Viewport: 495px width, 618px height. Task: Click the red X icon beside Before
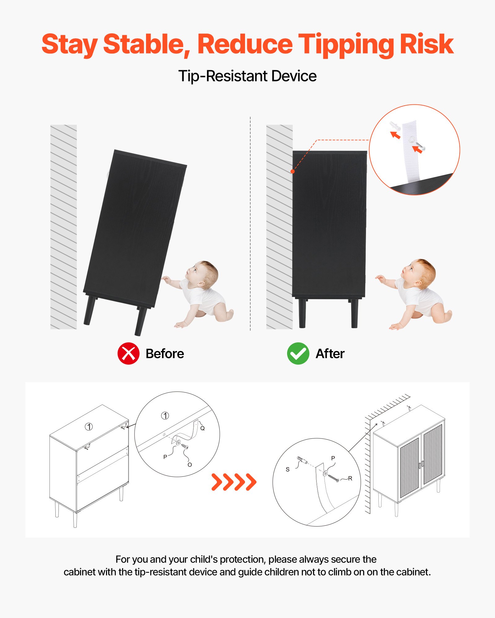pos(128,353)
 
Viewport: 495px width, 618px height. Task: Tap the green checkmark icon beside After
pos(298,353)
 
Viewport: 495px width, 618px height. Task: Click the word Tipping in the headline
pos(346,45)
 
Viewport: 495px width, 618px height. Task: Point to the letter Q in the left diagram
pos(202,428)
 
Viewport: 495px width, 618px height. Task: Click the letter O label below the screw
pos(190,465)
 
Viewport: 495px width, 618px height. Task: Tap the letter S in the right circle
pos(287,469)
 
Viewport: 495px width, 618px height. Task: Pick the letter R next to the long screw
pos(350,478)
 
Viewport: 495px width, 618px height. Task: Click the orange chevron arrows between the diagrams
pos(234,482)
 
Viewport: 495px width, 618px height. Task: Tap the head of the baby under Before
pos(203,273)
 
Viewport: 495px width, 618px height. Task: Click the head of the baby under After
pos(419,272)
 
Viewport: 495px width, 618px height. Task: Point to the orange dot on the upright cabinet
pos(292,171)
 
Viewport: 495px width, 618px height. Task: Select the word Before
pos(165,354)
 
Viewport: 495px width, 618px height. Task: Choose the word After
pos(330,354)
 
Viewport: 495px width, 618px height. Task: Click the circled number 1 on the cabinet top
pos(89,427)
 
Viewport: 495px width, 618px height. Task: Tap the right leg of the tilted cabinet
pos(141,321)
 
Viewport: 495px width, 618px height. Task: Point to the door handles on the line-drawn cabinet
pos(421,465)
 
